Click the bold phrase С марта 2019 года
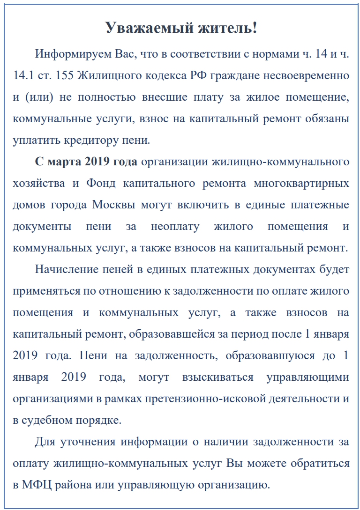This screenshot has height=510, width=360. tap(86, 162)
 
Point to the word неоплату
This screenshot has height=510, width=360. tap(175, 227)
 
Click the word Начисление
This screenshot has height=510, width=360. tap(65, 270)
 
